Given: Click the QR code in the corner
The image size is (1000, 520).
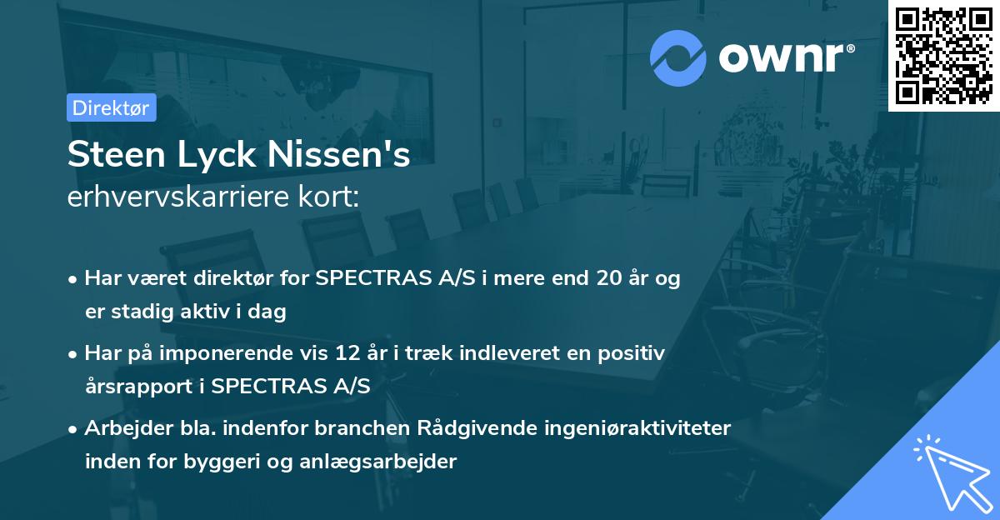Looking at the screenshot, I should [x=944, y=55].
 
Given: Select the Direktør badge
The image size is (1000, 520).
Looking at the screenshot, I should [x=112, y=107].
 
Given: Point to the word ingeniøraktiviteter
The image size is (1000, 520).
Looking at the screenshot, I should [x=640, y=428].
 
